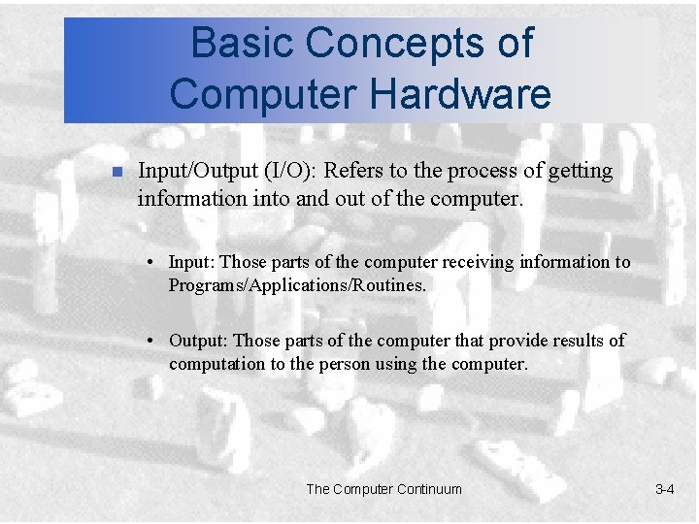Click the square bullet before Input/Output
point(115,173)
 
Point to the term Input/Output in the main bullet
point(197,172)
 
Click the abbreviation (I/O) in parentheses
point(288,172)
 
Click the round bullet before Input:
point(153,263)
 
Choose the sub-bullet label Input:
point(192,262)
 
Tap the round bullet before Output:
point(153,342)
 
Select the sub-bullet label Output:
point(199,341)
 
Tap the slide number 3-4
point(664,489)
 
